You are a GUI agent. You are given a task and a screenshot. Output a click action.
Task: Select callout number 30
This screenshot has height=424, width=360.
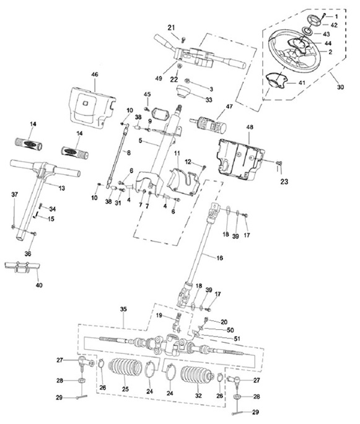coord(340,87)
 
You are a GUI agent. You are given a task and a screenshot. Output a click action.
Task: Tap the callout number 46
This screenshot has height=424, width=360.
coord(95,74)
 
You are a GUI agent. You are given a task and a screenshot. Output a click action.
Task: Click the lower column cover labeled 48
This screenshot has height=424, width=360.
coord(239,159)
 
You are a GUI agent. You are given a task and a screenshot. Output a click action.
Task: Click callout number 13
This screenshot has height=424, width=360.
coord(62,188)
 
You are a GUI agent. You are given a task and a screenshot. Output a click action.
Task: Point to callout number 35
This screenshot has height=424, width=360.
coord(123,309)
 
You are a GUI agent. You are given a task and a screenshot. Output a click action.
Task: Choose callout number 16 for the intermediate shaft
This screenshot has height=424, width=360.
coord(220,258)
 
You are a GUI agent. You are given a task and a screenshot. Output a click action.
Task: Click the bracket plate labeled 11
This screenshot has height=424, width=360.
coord(183,182)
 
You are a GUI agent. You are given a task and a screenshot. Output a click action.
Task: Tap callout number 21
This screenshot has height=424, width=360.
coord(172,27)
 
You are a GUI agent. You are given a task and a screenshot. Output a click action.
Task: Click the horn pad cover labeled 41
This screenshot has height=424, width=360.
coord(276,80)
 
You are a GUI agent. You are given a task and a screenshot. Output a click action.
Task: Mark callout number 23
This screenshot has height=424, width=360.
coord(284,181)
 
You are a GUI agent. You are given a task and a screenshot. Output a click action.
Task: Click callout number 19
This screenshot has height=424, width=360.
coord(159,316)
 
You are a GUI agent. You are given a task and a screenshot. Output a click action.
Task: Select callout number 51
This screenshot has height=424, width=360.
coord(237,338)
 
